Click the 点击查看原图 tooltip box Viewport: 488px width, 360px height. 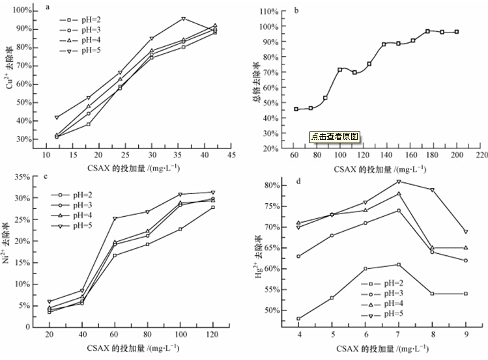335,137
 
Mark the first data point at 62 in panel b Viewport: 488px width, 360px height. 296,109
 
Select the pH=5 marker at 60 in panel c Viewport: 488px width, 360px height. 115,218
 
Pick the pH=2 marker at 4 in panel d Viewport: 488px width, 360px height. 298,318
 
